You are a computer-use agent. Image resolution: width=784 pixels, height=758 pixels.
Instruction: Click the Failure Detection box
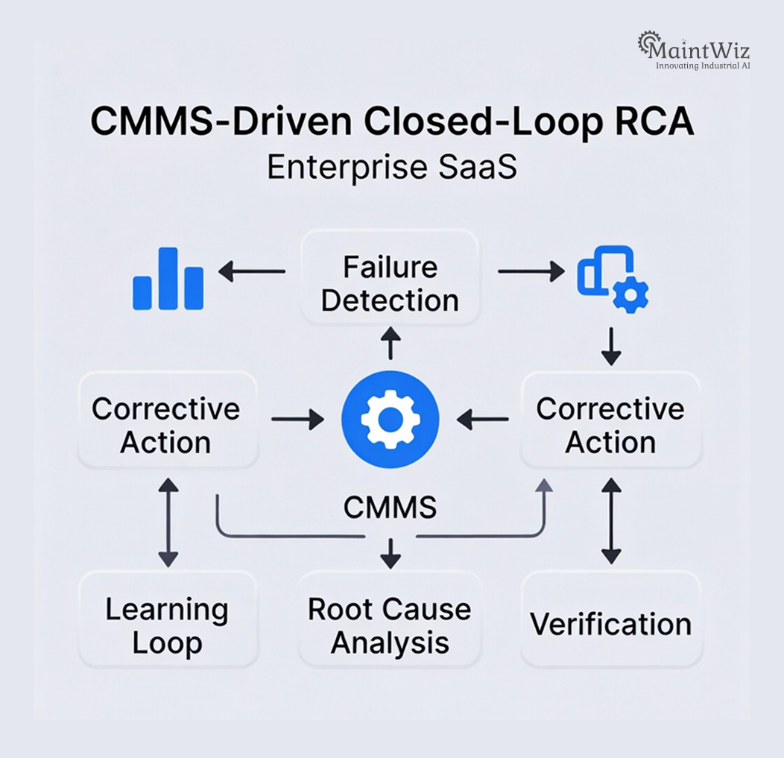[x=390, y=284]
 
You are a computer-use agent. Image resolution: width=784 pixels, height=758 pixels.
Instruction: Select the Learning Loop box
[x=168, y=625]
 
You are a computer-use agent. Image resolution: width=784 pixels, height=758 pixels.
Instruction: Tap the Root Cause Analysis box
[x=390, y=625]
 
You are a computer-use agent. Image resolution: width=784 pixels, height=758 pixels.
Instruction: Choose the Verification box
[x=611, y=624]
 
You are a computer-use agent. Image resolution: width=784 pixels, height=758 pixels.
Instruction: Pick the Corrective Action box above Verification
[x=610, y=426]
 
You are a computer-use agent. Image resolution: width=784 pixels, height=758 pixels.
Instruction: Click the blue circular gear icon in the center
[x=390, y=420]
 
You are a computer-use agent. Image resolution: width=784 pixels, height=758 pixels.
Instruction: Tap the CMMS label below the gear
[x=390, y=508]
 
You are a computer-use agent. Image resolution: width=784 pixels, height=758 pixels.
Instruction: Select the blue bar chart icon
[x=168, y=279]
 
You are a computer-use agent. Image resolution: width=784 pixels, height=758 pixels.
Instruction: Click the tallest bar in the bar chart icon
[x=168, y=278]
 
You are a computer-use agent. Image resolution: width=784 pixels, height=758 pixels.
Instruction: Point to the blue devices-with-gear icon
[x=613, y=279]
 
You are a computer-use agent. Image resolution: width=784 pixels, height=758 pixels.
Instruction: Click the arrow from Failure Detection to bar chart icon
[x=252, y=272]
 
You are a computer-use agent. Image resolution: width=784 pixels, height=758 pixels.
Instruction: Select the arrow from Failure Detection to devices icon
[x=530, y=272]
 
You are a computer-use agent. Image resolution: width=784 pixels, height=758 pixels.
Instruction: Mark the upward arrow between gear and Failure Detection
[x=390, y=344]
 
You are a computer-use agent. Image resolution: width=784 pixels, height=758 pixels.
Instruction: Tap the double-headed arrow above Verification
[x=611, y=521]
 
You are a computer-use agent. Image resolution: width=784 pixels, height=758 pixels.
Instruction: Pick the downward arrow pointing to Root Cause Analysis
[x=390, y=553]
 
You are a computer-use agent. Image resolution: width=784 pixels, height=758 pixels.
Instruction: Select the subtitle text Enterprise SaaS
[x=391, y=167]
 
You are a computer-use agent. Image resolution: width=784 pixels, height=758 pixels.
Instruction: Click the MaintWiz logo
[x=694, y=51]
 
